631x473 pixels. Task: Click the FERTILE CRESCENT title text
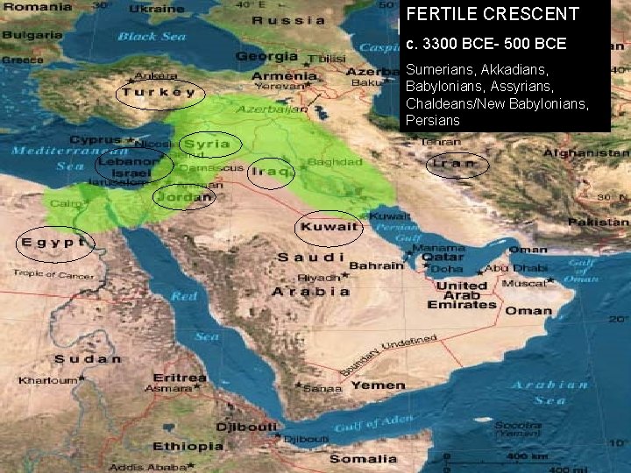[493, 15]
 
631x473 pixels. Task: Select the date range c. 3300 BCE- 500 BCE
[486, 43]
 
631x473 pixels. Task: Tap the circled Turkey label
[159, 93]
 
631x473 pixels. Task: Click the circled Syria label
[208, 144]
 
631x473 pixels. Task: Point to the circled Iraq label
[271, 172]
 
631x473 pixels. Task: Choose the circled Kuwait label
[329, 227]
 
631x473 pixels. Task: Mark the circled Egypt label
[53, 242]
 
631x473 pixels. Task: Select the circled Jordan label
[184, 197]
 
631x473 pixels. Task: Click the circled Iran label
[456, 163]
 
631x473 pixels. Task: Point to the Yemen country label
[379, 385]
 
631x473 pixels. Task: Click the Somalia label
[363, 458]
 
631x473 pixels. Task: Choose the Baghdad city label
[336, 162]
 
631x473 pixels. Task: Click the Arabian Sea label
[550, 392]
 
